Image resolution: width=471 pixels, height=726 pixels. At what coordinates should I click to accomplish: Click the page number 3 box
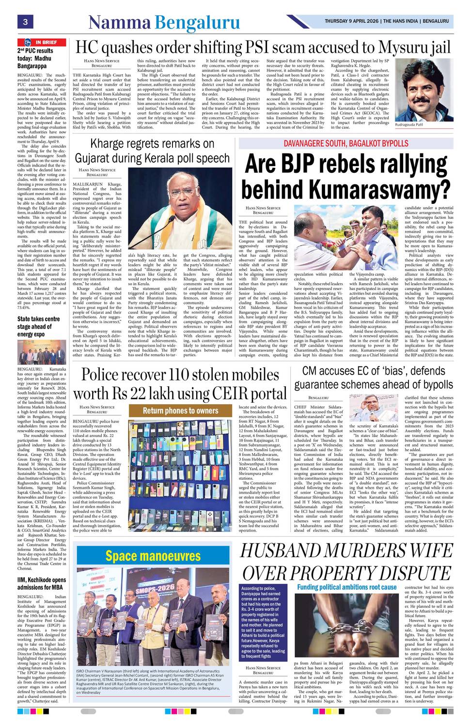click(x=25, y=21)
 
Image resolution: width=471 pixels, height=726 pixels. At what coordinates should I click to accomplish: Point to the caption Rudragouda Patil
click(x=409, y=124)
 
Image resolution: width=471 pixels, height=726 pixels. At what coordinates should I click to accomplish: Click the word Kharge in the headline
click(x=110, y=144)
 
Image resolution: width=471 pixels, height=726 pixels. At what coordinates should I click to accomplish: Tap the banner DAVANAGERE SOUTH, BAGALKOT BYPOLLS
click(x=346, y=144)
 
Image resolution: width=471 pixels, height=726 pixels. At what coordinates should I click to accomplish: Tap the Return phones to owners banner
click(x=180, y=411)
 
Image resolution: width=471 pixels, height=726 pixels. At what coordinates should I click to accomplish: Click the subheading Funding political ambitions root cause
click(x=346, y=587)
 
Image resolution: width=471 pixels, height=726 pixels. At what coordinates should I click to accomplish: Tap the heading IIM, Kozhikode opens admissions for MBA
click(x=42, y=583)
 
